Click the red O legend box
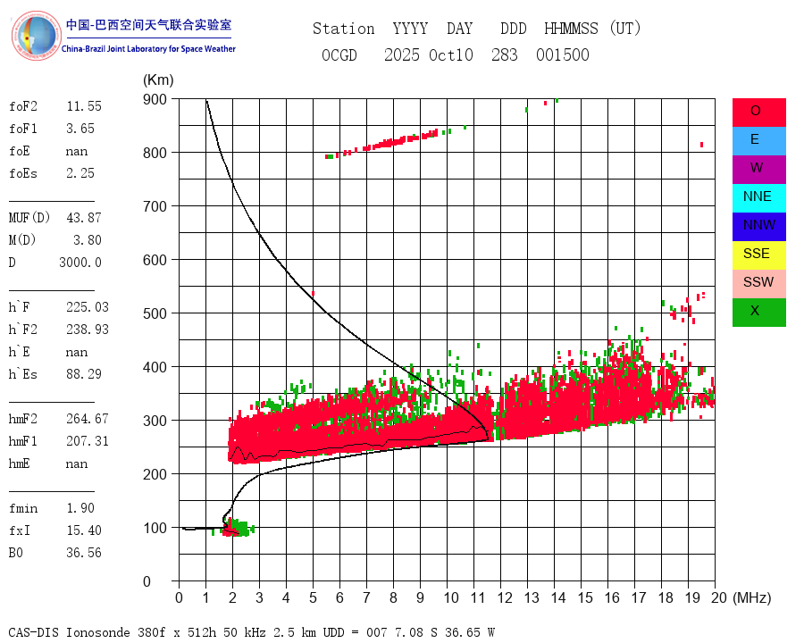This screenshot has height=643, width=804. point(758,112)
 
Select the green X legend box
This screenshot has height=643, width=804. point(758,312)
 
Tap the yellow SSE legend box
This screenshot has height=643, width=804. point(758,255)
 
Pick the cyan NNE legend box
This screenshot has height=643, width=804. point(758,197)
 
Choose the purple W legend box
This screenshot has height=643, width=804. point(758,169)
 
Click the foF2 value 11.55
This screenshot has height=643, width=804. point(84,106)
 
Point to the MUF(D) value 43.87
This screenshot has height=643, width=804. point(84,218)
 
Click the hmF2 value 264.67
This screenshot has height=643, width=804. point(88,419)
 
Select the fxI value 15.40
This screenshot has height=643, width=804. point(84,530)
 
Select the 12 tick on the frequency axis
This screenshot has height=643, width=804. point(505,597)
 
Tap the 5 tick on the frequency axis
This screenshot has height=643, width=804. point(314,597)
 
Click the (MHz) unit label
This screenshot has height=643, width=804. point(752,597)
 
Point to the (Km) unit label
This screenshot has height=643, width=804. point(158,80)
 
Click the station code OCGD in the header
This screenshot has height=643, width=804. point(339,55)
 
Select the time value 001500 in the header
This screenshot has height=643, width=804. point(563,55)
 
